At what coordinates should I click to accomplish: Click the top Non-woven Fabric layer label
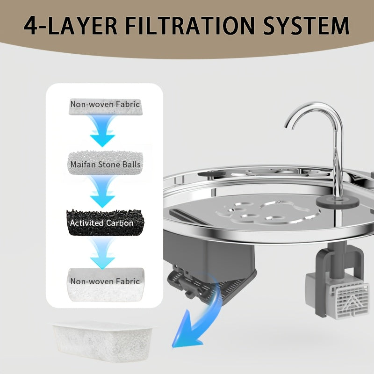[x=105, y=104]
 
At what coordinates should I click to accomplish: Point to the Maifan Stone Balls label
[x=105, y=165]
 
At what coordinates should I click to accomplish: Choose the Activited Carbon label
[x=101, y=223]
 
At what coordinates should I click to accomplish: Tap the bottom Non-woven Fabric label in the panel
[x=105, y=281]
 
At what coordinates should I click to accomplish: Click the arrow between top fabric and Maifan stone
[x=102, y=131]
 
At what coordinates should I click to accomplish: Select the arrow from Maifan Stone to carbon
[x=102, y=191]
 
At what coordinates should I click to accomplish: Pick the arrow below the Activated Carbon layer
[x=102, y=253]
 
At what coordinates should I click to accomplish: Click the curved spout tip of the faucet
[x=288, y=125]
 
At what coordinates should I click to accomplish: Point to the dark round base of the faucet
[x=338, y=202]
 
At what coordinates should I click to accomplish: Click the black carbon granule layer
[x=105, y=223]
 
